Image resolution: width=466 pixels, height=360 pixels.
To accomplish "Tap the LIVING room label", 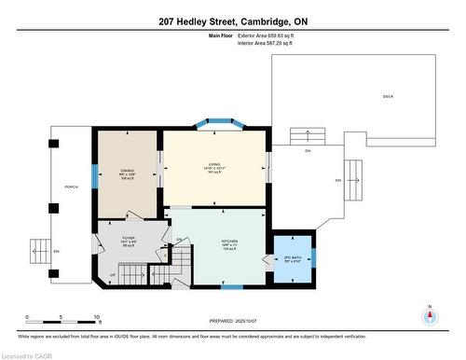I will [214, 168].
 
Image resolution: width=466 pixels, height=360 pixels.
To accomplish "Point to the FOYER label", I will [129, 239].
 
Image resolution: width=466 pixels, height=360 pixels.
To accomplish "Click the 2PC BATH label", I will [293, 258].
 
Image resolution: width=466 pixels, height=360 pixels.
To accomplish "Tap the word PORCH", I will [71, 186].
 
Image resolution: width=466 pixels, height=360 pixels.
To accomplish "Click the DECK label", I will [387, 97].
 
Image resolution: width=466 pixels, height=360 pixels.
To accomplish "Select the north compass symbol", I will [429, 313].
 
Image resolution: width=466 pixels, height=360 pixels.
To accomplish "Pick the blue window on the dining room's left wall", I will [93, 174].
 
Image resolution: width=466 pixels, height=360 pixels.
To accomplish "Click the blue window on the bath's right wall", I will [314, 256].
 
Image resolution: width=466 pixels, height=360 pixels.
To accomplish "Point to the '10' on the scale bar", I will [97, 317].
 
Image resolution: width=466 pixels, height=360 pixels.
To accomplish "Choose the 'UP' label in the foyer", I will [114, 276].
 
